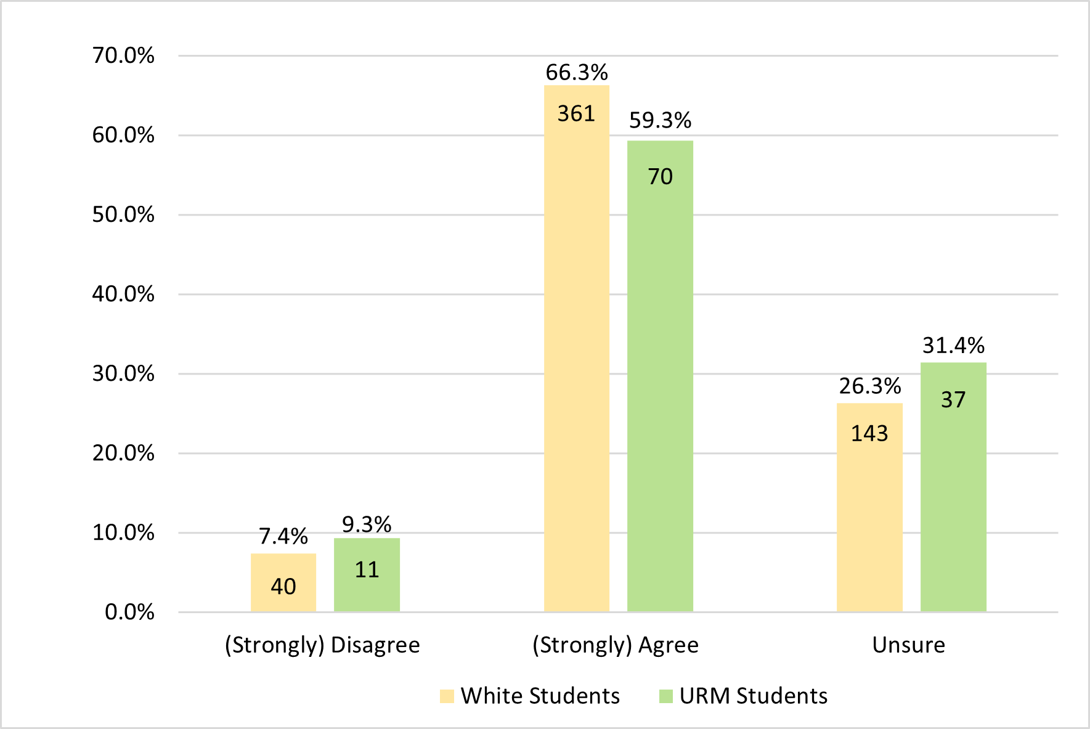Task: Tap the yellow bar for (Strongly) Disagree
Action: pyautogui.click(x=283, y=582)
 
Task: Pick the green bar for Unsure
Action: pyautogui.click(x=953, y=493)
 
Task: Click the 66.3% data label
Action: pyautogui.click(x=577, y=73)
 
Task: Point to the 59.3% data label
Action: pyautogui.click(x=660, y=121)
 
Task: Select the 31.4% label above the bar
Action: pyautogui.click(x=953, y=346)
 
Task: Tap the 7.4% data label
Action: pyautogui.click(x=283, y=536)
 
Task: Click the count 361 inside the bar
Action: pyautogui.click(x=576, y=114)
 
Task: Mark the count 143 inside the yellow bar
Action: pyautogui.click(x=869, y=434)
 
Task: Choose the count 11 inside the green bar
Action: pyautogui.click(x=367, y=570)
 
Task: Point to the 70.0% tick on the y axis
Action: pyautogui.click(x=123, y=56)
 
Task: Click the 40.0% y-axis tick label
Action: pyautogui.click(x=123, y=295)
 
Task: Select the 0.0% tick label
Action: pyautogui.click(x=129, y=613)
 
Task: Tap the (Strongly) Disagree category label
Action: pyautogui.click(x=322, y=645)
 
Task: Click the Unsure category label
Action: pyautogui.click(x=908, y=645)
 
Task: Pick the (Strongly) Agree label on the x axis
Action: pyautogui.click(x=616, y=645)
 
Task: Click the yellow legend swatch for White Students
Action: pyautogui.click(x=447, y=696)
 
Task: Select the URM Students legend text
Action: pyautogui.click(x=753, y=696)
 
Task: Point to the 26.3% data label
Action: pyautogui.click(x=869, y=386)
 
